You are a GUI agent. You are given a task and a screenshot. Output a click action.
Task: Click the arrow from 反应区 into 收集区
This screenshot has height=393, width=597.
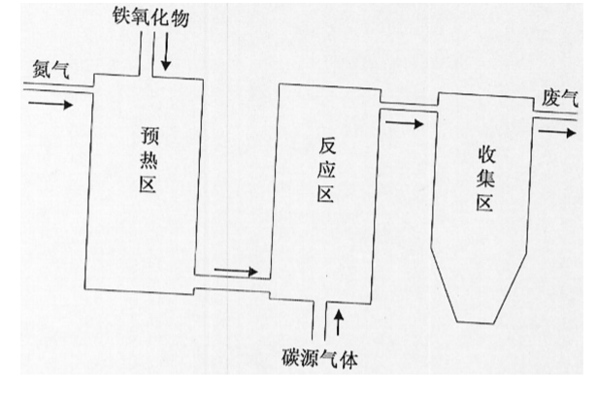[403, 125]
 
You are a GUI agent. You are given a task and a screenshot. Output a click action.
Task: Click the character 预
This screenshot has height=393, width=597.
[149, 136]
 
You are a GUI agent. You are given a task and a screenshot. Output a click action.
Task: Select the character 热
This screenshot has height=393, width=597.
[149, 160]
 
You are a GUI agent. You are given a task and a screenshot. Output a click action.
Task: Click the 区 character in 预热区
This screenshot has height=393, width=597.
[149, 184]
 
